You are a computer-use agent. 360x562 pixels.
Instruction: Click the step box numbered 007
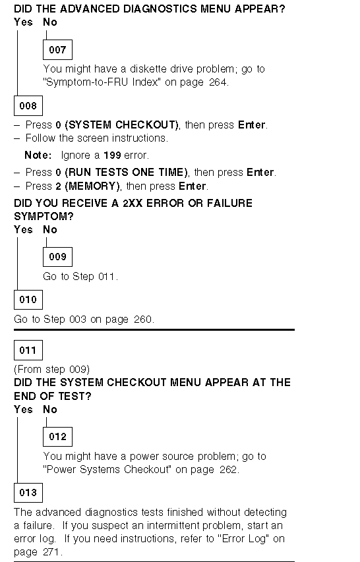(x=57, y=49)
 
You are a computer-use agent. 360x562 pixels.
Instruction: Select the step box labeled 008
(x=28, y=105)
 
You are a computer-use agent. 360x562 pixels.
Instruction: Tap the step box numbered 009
(x=57, y=257)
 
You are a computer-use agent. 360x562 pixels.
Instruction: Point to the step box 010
(x=28, y=299)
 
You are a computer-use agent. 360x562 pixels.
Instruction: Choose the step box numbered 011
(x=28, y=350)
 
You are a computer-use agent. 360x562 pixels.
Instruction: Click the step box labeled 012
(x=57, y=437)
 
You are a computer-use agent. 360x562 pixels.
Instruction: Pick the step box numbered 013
(x=28, y=492)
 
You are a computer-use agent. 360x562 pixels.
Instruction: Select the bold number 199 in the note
(x=112, y=155)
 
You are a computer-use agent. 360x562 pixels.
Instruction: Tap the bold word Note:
(x=38, y=155)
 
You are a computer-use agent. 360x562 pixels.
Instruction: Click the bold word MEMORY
(x=92, y=186)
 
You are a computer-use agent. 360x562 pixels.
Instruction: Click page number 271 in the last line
(x=51, y=552)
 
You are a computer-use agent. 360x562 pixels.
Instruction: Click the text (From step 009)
(x=51, y=369)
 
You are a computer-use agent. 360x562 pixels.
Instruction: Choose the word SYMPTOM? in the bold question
(x=44, y=217)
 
